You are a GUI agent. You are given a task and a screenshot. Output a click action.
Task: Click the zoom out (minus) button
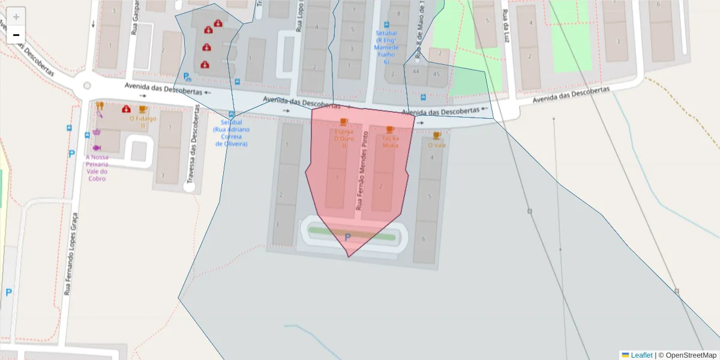click(x=16, y=35)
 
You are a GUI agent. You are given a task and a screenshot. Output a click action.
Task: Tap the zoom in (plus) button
click(x=16, y=17)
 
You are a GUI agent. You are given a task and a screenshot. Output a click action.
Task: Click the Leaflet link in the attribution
click(x=641, y=355)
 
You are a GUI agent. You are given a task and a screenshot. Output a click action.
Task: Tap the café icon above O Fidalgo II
click(x=143, y=109)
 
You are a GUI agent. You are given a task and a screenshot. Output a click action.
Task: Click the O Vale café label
click(x=437, y=145)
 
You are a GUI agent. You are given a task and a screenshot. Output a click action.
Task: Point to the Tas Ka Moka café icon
click(x=390, y=130)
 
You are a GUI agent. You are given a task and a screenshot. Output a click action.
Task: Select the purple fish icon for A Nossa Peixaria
click(x=96, y=148)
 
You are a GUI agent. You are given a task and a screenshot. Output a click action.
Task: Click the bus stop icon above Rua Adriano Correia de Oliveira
click(x=232, y=115)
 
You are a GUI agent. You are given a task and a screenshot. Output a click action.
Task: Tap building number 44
click(x=416, y=71)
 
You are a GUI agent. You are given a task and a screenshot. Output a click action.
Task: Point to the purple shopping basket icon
click(x=96, y=131)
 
